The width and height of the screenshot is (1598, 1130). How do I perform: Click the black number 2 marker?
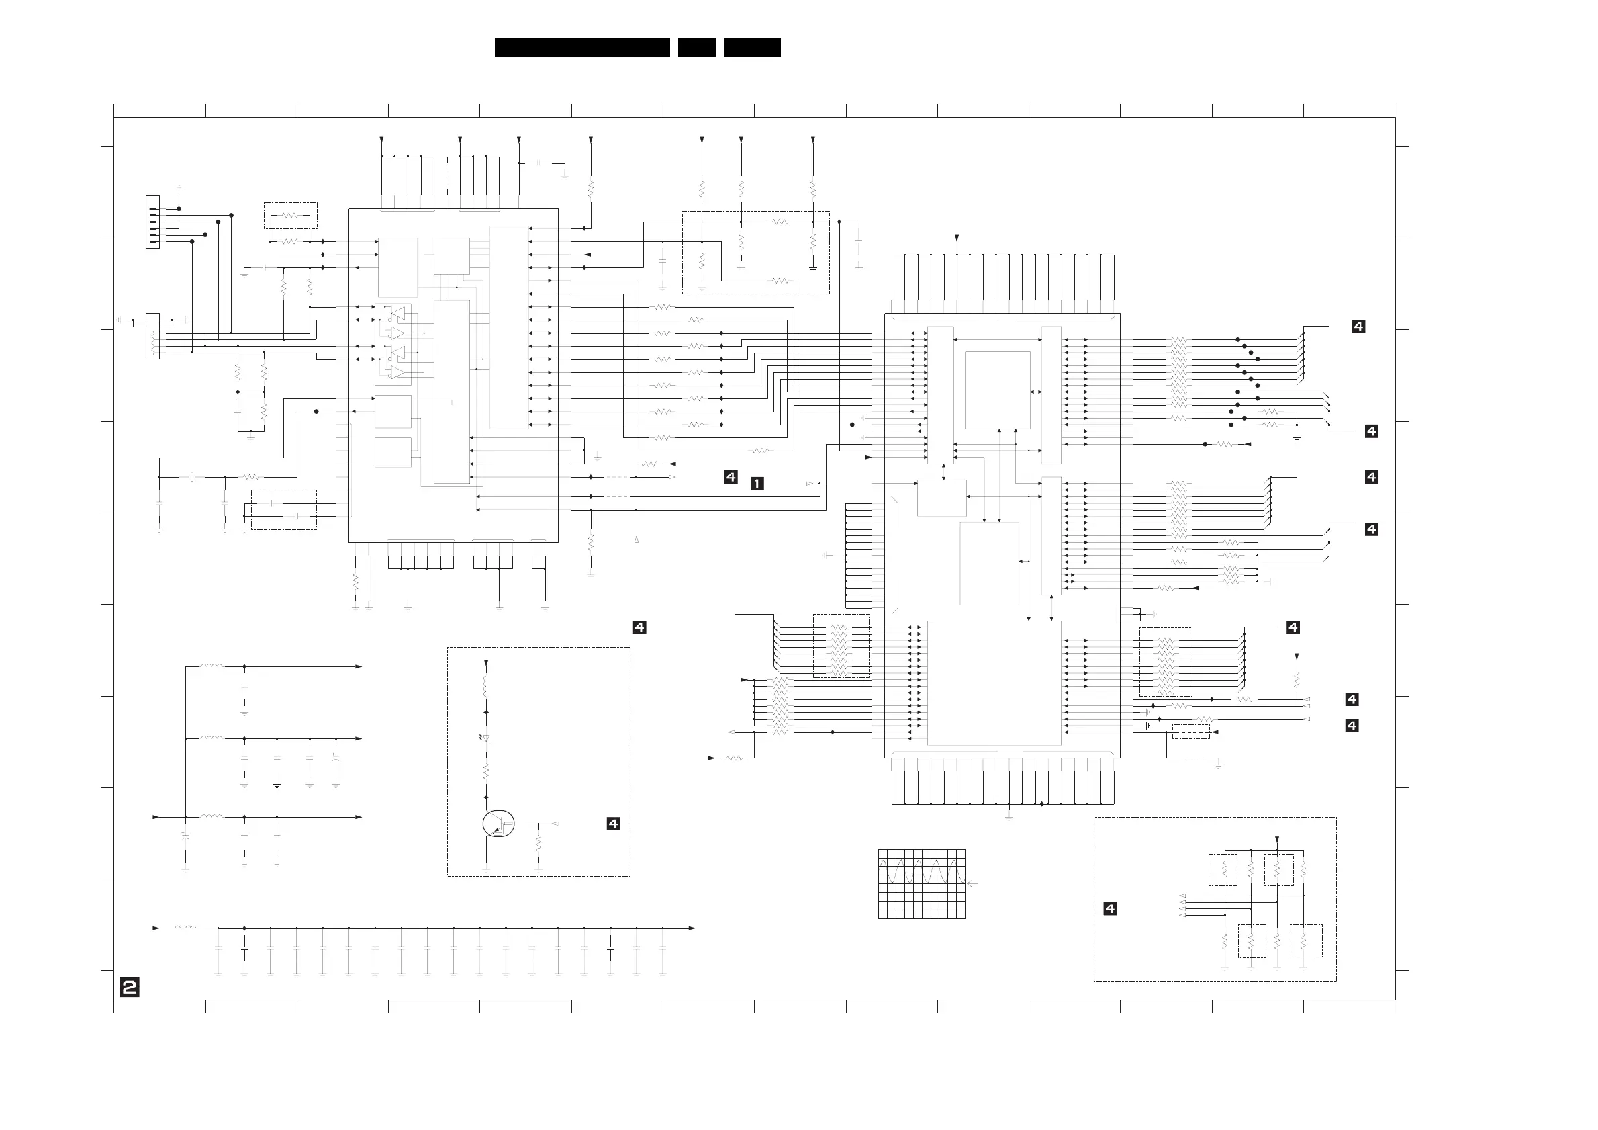click(x=130, y=988)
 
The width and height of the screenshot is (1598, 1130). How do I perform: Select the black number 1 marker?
click(x=757, y=483)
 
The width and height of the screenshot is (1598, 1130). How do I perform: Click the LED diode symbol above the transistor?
click(x=486, y=738)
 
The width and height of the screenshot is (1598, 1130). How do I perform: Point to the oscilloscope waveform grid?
click(x=921, y=883)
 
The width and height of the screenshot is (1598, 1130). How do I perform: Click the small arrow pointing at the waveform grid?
click(x=973, y=883)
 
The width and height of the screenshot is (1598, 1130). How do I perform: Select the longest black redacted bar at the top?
click(x=582, y=47)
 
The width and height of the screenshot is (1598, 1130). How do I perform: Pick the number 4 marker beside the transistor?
click(x=613, y=824)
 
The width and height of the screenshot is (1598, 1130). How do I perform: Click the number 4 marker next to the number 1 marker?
click(x=730, y=477)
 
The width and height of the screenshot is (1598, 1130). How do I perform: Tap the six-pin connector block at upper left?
click(x=152, y=222)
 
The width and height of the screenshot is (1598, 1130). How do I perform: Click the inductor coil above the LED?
click(x=486, y=687)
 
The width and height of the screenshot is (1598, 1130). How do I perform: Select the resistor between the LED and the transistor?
click(x=486, y=771)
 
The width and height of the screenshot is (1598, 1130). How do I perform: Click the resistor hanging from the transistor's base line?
click(x=538, y=844)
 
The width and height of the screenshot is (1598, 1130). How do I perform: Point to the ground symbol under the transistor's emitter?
click(x=486, y=870)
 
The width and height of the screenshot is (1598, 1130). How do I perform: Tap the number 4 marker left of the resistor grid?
click(x=1110, y=908)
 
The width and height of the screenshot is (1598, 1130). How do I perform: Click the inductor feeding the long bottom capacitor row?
click(x=185, y=927)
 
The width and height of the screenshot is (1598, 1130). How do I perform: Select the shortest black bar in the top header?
click(x=697, y=47)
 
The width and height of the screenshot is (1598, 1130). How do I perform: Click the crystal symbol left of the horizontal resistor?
click(x=193, y=477)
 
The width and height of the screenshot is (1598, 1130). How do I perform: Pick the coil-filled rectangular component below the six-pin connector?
click(x=152, y=337)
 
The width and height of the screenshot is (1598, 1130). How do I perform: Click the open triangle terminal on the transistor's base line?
click(x=556, y=824)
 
